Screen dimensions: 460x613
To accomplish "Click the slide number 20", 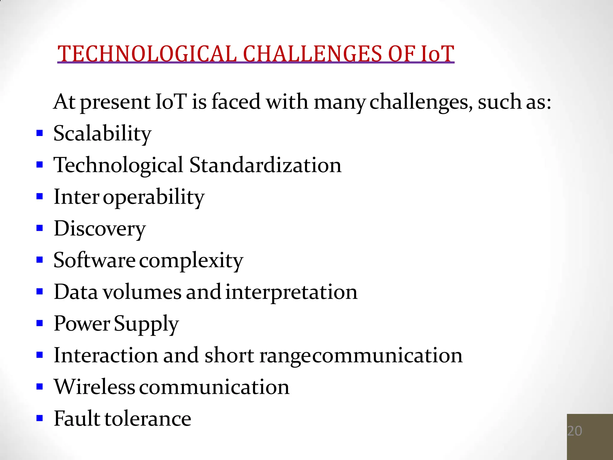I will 574,431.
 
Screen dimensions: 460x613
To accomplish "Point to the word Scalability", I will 102,134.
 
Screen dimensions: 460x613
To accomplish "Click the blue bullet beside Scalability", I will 40,133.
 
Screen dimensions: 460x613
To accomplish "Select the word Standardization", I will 265,165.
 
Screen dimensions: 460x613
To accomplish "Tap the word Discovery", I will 100,229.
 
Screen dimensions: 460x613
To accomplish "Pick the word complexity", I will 191,261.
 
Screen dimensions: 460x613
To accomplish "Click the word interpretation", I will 291,292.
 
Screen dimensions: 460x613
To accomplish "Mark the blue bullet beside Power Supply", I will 40,323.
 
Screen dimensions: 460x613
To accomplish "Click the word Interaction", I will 106,355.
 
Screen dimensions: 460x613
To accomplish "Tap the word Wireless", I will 94,387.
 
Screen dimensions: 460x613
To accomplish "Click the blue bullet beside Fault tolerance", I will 40,418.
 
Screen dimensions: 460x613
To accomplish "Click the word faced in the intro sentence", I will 236,102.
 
